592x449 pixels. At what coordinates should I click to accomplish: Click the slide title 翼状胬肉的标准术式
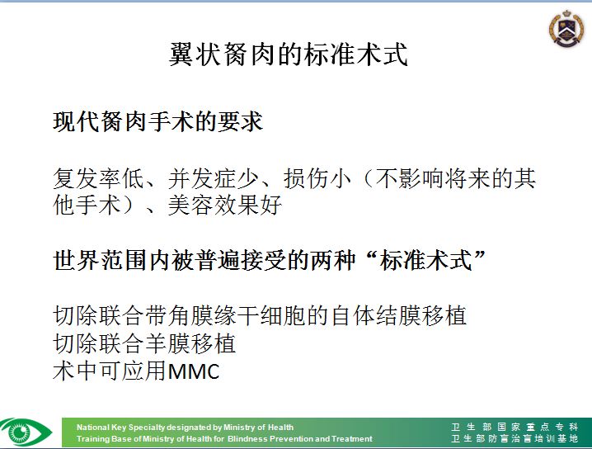tap(289, 54)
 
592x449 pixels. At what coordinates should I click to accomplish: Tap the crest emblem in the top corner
tap(566, 28)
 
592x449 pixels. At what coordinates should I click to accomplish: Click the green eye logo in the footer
tap(26, 432)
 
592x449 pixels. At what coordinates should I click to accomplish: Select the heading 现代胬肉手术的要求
tap(157, 121)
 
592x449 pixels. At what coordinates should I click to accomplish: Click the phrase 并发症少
tap(214, 178)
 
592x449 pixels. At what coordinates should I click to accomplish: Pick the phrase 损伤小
tap(317, 178)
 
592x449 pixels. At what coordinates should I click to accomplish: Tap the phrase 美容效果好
tap(225, 206)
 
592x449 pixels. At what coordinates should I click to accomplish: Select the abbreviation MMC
tap(193, 371)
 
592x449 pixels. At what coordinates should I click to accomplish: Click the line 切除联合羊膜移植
tap(144, 343)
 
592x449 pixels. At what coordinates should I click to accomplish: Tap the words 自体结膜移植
tap(399, 315)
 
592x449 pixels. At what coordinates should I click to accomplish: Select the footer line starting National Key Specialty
tap(185, 428)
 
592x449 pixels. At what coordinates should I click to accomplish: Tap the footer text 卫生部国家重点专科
tap(514, 427)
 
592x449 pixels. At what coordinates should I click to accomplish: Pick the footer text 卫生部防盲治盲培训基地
tap(514, 438)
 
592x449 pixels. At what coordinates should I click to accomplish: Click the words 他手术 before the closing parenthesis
tap(87, 206)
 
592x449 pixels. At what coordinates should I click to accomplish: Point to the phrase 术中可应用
tap(110, 371)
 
